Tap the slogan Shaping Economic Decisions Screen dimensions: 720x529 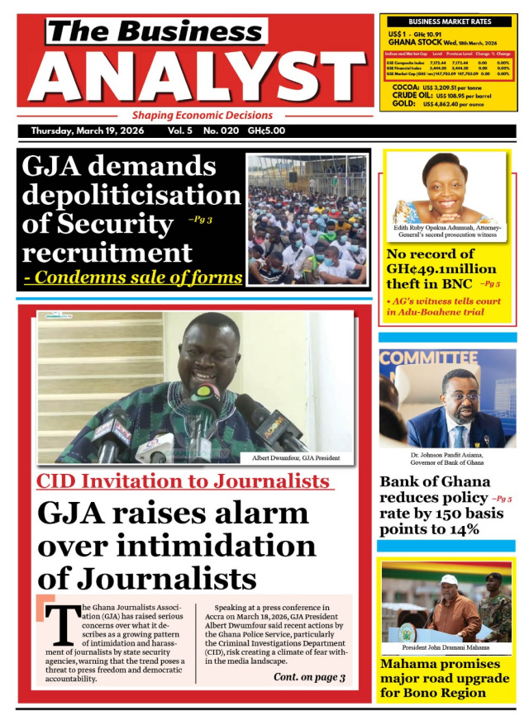[203, 116]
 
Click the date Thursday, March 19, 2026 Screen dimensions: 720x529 [87, 131]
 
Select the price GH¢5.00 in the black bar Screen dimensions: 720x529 [267, 131]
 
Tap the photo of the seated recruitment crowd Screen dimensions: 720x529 [307, 221]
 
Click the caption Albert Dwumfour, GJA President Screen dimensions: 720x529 [296, 457]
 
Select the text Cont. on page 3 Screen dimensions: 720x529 [309, 678]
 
